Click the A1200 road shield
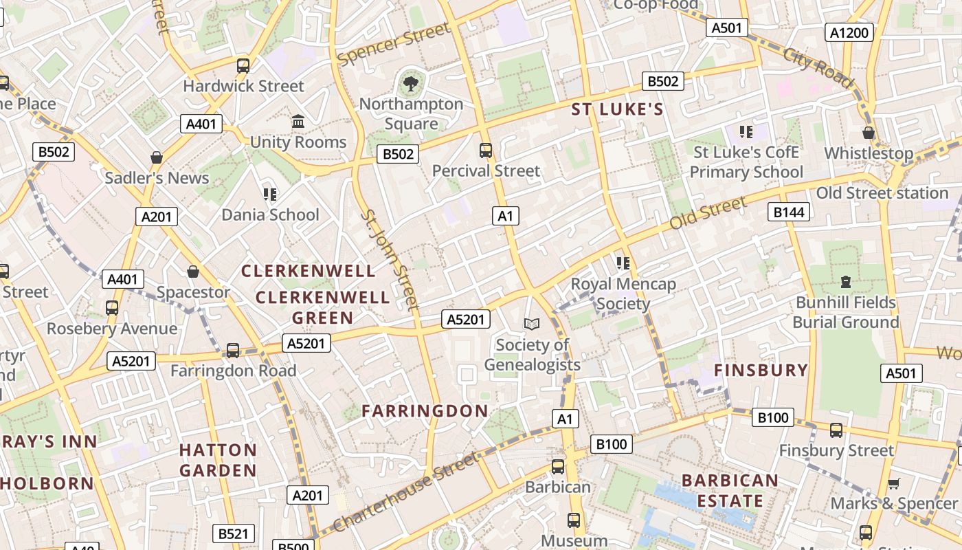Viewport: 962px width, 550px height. pyautogui.click(x=849, y=32)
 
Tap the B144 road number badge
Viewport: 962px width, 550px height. pyautogui.click(x=789, y=212)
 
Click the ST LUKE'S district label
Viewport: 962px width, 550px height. pyautogui.click(x=618, y=109)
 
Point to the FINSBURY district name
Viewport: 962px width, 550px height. pyautogui.click(x=761, y=370)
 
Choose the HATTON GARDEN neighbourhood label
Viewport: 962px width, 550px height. pyautogui.click(x=218, y=460)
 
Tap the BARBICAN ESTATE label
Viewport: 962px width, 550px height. pyautogui.click(x=730, y=490)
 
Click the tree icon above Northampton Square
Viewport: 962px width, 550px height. pyautogui.click(x=411, y=84)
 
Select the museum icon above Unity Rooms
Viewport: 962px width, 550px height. pyautogui.click(x=298, y=122)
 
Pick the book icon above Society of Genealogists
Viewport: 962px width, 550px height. pyautogui.click(x=532, y=323)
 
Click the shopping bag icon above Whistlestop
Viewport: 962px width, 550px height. pyautogui.click(x=869, y=133)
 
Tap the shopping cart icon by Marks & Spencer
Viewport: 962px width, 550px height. pyautogui.click(x=893, y=483)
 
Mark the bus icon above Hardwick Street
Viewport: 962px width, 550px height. pyautogui.click(x=243, y=66)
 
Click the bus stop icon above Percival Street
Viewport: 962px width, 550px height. pyautogui.click(x=486, y=150)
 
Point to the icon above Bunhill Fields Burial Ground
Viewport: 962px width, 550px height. pyautogui.click(x=845, y=281)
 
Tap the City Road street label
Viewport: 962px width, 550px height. pyautogui.click(x=818, y=68)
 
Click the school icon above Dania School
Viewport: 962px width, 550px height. pyautogui.click(x=270, y=195)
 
